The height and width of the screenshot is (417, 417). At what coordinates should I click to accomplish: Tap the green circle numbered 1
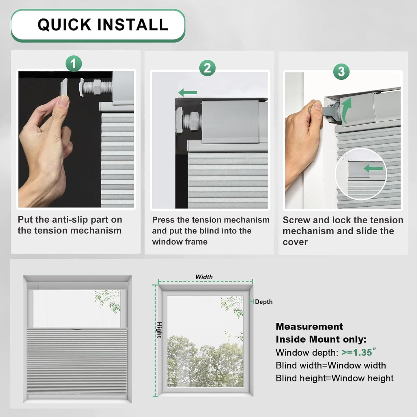(74, 63)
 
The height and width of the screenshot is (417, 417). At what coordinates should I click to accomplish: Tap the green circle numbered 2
(207, 68)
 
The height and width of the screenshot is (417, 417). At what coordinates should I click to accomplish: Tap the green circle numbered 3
(341, 72)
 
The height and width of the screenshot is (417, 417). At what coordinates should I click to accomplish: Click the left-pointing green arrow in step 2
(188, 93)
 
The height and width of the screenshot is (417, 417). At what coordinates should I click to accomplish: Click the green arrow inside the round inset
(373, 168)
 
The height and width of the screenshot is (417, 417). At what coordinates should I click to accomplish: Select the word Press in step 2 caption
(163, 220)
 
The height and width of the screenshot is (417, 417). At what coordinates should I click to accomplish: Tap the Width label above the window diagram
(204, 277)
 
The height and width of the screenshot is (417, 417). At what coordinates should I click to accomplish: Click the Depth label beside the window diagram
(263, 302)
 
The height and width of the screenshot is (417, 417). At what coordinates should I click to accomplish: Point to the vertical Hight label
(159, 330)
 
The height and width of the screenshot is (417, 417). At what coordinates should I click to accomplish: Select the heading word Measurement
(309, 326)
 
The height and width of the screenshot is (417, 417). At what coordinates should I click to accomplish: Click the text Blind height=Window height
(334, 378)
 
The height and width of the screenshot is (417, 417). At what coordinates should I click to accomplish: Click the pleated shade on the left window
(77, 362)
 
